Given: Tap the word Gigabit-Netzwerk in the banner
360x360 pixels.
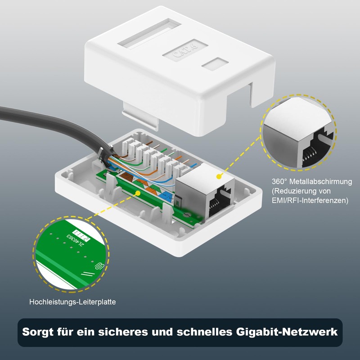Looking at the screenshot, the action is click(x=287, y=333).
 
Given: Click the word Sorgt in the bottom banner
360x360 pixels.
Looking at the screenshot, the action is click(x=40, y=333).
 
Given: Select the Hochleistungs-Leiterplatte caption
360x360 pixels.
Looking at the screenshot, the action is click(x=72, y=302).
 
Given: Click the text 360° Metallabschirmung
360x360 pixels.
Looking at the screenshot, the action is click(x=311, y=182).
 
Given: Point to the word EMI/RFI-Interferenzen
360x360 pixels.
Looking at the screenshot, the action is click(x=310, y=201).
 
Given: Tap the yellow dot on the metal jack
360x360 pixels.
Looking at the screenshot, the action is click(x=220, y=176).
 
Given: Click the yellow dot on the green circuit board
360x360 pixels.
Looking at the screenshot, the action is click(x=138, y=193).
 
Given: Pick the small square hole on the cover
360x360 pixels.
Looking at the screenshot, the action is click(x=215, y=64).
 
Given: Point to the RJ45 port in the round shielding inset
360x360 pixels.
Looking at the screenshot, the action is click(x=315, y=151).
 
